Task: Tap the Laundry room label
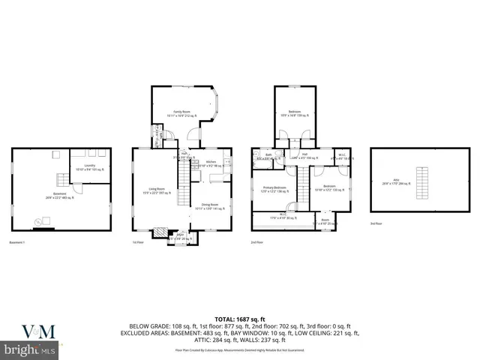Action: coord(89,169)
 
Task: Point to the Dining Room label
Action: coord(209,206)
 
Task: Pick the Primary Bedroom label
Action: coord(274,189)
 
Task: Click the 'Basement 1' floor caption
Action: coord(17,243)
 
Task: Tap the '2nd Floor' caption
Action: coord(256,243)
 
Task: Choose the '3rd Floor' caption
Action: coord(376,223)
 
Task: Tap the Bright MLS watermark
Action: coord(30,350)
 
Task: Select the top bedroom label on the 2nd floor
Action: coord(295,113)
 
